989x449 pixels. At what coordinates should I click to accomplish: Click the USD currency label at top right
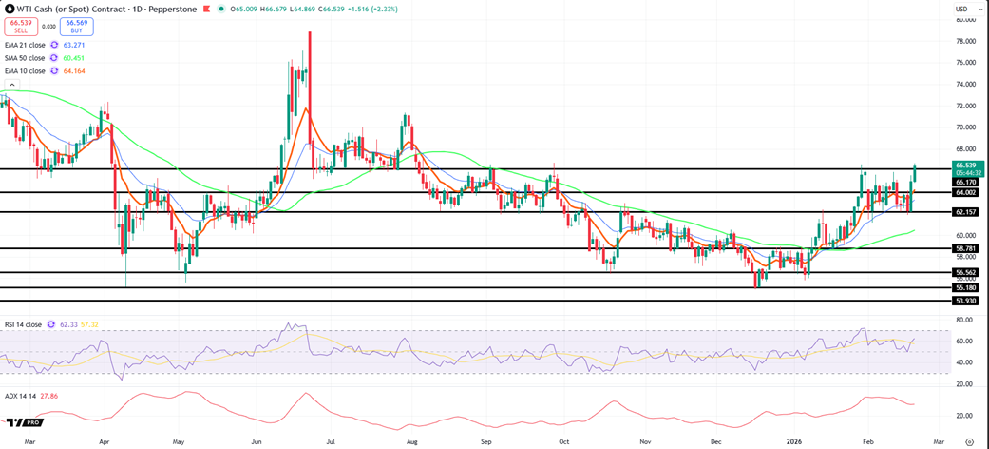coord(960,10)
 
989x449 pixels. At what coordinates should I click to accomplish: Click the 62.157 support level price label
coord(966,211)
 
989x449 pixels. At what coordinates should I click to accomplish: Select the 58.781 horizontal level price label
coord(966,248)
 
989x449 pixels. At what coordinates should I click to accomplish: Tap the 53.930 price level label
coord(966,301)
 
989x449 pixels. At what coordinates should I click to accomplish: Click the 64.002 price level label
coord(966,192)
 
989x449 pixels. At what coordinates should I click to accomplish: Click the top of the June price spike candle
coord(309,32)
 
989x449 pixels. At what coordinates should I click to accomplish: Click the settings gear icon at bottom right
coord(968,440)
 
